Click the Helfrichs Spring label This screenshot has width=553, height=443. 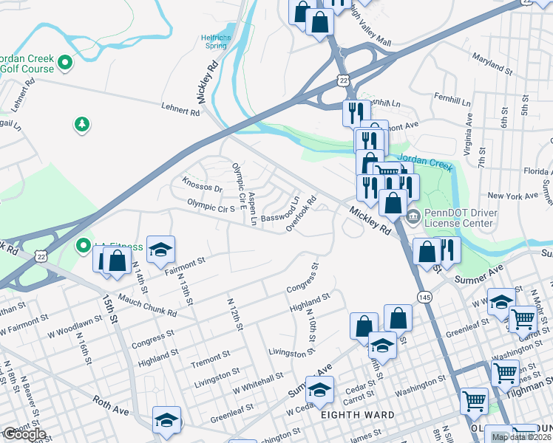[x=215, y=41]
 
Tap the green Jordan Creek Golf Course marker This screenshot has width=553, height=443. [x=65, y=63]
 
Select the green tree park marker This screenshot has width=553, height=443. [x=81, y=125]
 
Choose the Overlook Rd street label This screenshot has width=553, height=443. [x=302, y=213]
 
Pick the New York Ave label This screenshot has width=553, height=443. [x=512, y=196]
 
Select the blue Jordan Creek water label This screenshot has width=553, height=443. [x=424, y=162]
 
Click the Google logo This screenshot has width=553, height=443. [x=24, y=434]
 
